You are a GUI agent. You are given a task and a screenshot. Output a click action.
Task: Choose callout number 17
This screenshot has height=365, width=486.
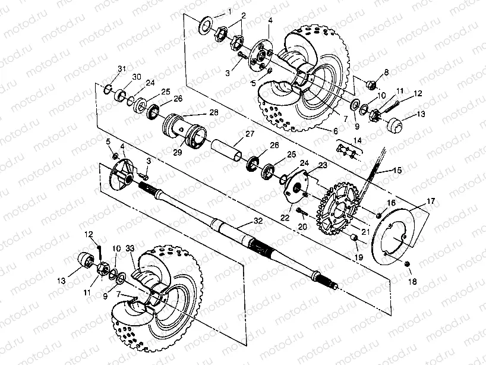[430, 202]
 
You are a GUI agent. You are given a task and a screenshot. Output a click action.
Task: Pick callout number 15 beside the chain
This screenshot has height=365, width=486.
[396, 170]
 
